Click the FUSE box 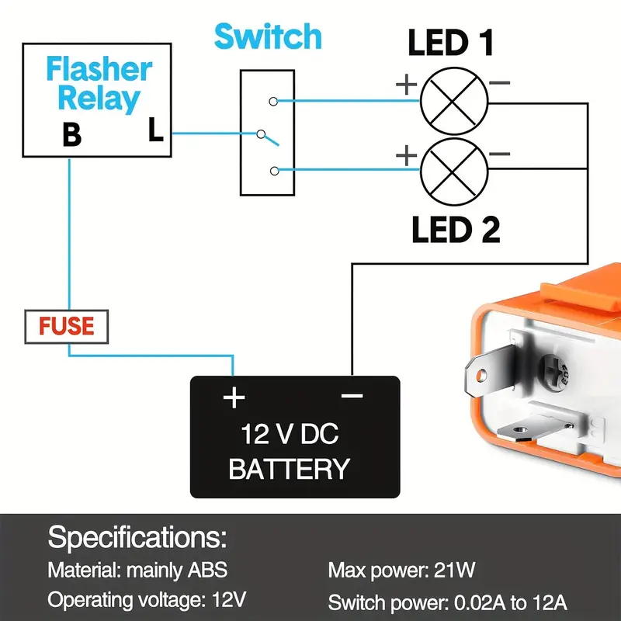pos(68,327)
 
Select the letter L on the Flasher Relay pos(156,132)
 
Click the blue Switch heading pos(268,36)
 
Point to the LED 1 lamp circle pos(453,100)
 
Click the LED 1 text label pos(451,43)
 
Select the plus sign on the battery pos(234,398)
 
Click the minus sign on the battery pos(352,397)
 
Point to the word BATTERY pos(289,469)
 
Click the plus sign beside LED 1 pos(406,85)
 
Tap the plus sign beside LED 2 pos(406,156)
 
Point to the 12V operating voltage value pos(229,600)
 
